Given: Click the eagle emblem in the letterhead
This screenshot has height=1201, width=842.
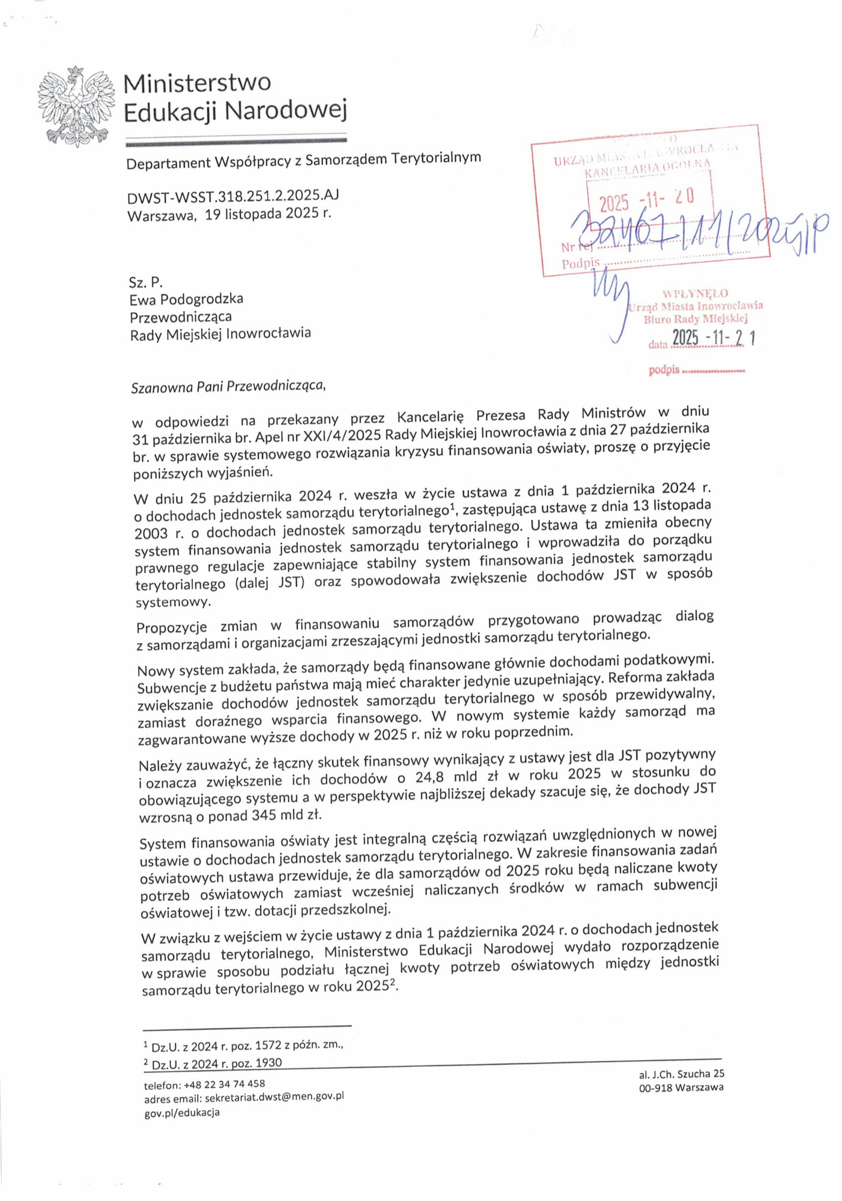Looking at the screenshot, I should pos(76,106).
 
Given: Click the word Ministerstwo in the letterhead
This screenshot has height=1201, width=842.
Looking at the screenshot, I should pos(197,83).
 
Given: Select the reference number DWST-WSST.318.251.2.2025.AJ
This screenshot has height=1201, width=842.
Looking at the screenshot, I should pos(233,196).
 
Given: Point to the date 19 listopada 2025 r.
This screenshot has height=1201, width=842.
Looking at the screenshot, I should pos(268,213).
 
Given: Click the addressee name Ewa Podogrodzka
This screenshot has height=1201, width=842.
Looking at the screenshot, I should pos(186,299).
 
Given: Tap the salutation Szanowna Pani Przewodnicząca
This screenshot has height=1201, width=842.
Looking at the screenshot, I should pos(228,386).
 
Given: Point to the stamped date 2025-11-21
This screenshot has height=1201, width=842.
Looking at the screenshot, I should pos(713,338).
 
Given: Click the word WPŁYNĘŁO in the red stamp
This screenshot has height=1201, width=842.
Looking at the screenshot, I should pos(695,294).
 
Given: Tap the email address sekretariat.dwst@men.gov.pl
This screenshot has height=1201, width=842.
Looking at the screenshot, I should pos(274,1097).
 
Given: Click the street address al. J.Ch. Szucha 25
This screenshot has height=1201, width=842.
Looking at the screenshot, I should pos(681,1074).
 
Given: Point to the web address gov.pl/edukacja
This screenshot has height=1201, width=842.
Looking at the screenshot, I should pos(181,1112).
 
